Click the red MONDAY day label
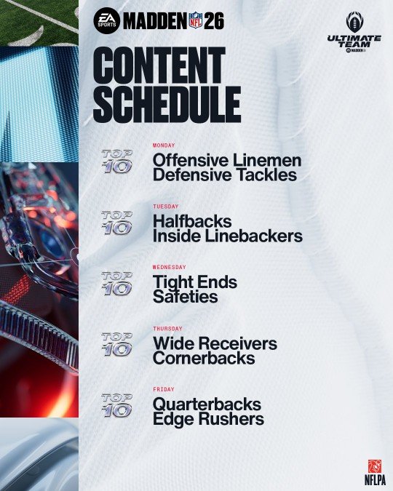tap(164, 145)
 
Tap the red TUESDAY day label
tap(165, 207)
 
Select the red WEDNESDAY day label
tap(169, 267)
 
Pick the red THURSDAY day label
tap(167, 329)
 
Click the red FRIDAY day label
tap(163, 389)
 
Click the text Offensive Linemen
tap(227, 160)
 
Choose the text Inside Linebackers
tap(228, 236)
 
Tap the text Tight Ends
tap(195, 282)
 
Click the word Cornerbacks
tap(204, 358)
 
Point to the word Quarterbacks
tap(207, 404)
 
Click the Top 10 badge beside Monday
tap(117, 161)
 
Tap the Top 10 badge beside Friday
tap(117, 405)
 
